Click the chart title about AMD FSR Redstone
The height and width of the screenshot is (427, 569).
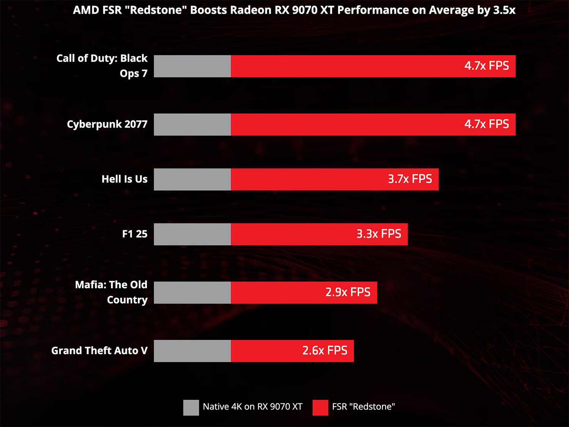[294, 10]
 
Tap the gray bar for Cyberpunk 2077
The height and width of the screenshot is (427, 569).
[192, 124]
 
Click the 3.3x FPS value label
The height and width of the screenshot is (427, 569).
[379, 234]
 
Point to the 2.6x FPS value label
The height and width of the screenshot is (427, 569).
[325, 350]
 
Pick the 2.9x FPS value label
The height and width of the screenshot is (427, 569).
[348, 292]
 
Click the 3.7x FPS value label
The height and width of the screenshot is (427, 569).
[410, 179]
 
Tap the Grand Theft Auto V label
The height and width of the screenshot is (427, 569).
[99, 350]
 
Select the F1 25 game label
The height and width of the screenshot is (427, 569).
[135, 234]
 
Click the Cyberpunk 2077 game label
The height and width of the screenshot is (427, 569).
[107, 124]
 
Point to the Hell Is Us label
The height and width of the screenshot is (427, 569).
[124, 179]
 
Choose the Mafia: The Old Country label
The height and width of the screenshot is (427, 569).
[111, 292]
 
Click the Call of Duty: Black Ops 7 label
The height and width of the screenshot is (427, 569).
[102, 66]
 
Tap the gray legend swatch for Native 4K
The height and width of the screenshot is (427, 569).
[191, 407]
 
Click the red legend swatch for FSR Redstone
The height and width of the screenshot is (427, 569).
[320, 407]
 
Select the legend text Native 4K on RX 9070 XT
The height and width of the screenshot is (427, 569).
[252, 407]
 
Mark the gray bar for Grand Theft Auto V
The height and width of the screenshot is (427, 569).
[192, 351]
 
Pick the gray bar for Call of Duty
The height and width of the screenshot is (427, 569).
[192, 66]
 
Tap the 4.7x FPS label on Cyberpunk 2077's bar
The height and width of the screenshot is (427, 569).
[486, 124]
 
